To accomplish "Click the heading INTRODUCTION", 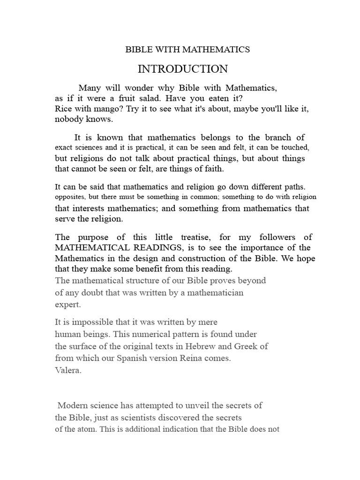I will pos(182,69).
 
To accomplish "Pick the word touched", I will pos(294,147).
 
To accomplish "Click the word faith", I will pos(213,168).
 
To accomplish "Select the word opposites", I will pos(70,197).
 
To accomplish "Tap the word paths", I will pos(294,187).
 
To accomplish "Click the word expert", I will pos(68,304).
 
